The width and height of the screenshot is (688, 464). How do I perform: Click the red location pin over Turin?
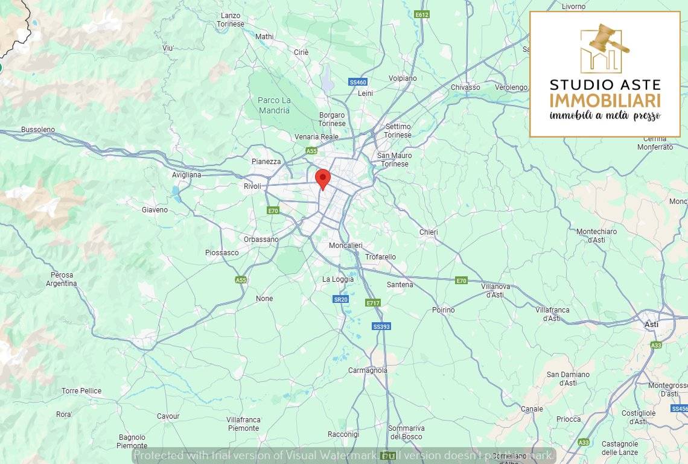click(x=323, y=179)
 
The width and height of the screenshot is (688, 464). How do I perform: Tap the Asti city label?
click(x=651, y=324)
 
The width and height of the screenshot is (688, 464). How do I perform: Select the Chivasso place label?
click(x=465, y=87)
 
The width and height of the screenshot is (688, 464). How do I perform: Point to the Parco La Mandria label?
click(x=274, y=105)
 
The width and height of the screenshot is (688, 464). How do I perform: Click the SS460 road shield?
click(x=358, y=82)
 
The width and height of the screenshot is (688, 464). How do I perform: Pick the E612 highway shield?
click(x=422, y=14)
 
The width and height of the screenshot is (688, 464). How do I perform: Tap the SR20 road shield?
click(x=341, y=299)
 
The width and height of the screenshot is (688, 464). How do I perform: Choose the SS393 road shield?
click(x=381, y=326)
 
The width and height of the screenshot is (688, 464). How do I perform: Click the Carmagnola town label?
click(x=368, y=370)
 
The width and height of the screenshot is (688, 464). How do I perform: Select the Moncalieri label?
click(x=345, y=246)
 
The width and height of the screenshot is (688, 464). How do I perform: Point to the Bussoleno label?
click(x=37, y=130)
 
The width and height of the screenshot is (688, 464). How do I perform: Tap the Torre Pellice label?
click(x=81, y=391)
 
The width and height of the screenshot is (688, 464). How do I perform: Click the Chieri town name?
click(x=428, y=232)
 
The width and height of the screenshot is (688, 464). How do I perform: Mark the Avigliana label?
click(x=186, y=174)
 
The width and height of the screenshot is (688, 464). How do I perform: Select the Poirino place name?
click(x=443, y=310)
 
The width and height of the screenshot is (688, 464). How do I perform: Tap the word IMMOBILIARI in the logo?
click(x=605, y=100)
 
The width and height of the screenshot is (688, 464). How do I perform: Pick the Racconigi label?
click(x=343, y=434)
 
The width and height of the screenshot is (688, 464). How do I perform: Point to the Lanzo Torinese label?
click(x=231, y=19)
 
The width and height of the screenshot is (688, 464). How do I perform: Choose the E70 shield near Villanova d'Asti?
click(x=462, y=281)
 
